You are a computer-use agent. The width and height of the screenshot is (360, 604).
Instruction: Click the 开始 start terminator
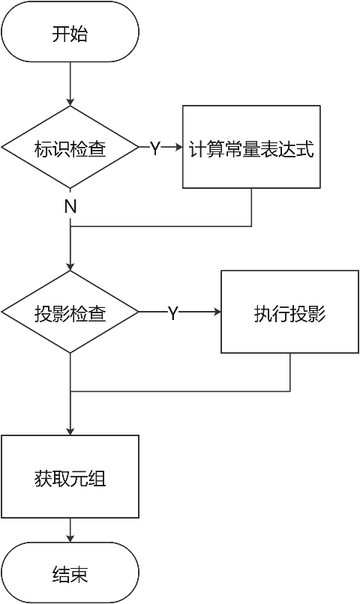click(x=70, y=32)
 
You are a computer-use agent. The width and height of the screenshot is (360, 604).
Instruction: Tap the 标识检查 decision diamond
click(x=70, y=148)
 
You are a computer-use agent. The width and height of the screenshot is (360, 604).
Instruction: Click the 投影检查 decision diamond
click(x=70, y=312)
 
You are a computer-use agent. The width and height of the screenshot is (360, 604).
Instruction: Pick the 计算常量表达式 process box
click(x=251, y=147)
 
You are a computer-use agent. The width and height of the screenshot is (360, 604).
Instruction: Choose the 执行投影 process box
click(x=289, y=312)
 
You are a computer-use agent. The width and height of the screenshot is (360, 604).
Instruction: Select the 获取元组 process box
click(x=70, y=477)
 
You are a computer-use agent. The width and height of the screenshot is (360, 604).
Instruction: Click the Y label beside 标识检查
click(x=154, y=148)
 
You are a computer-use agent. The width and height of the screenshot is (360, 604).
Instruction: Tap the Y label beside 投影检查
click(x=172, y=312)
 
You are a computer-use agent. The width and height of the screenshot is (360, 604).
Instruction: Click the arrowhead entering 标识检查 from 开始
click(x=70, y=102)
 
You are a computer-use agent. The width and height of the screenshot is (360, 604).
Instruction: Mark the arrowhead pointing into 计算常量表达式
click(x=178, y=148)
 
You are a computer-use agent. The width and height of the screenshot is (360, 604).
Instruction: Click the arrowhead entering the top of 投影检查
click(x=70, y=266)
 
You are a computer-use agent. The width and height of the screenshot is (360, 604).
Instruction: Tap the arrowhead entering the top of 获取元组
click(x=70, y=431)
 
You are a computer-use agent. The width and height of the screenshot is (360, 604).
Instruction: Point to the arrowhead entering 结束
click(x=70, y=538)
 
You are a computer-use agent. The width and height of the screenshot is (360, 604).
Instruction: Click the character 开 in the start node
click(x=61, y=34)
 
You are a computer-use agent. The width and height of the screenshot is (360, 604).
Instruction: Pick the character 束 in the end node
click(x=79, y=575)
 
